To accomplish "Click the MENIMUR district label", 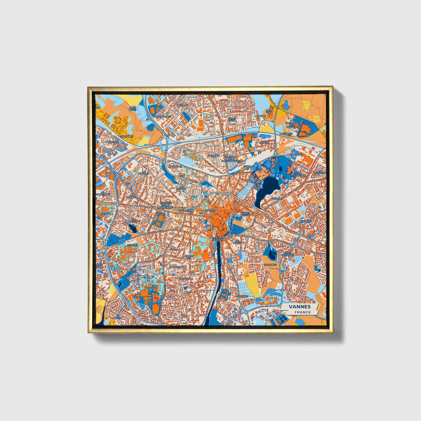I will (x=183, y=105).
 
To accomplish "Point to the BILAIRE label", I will (x=261, y=116).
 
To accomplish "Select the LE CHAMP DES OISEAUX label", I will (x=291, y=125).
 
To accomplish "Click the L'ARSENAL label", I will (x=296, y=154).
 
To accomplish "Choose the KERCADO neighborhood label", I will (x=151, y=288).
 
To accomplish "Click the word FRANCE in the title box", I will (x=302, y=312).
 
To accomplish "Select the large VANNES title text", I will (x=300, y=307).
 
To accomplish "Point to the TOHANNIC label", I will (x=270, y=265).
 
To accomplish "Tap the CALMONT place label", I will (x=242, y=296).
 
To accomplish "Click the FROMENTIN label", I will (x=178, y=267).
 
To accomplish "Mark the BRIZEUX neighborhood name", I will (x=264, y=142).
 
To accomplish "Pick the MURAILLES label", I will (x=175, y=166).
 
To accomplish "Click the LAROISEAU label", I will (x=112, y=142).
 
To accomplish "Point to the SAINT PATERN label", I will (x=246, y=214).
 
